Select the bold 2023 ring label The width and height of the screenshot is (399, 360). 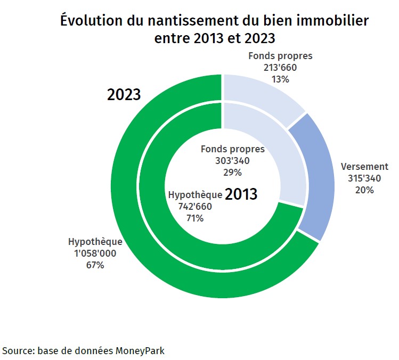tap(124, 95)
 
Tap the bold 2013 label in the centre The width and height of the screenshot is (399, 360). tap(241, 194)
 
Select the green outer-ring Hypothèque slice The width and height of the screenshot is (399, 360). tap(133, 213)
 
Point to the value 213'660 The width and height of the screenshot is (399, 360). tap(280, 68)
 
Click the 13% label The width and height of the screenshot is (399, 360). tap(280, 79)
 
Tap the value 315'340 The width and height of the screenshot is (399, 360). tap(364, 178)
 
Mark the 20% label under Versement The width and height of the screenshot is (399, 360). tap(364, 190)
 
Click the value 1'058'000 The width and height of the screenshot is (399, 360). tap(95, 253)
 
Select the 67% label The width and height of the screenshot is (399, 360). tap(95, 265)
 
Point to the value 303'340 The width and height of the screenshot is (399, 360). tap(232, 161)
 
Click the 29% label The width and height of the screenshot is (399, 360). tap(232, 173)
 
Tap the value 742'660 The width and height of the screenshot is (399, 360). tap(194, 206)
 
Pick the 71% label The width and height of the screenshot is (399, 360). tap(194, 218)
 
